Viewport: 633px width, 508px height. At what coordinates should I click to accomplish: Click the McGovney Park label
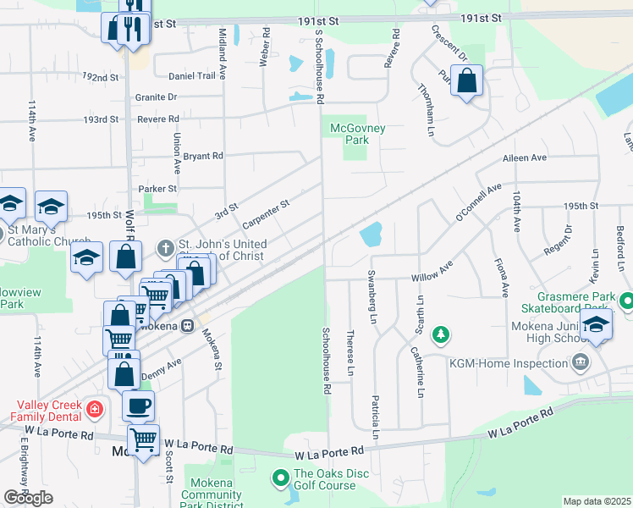[x=358, y=134]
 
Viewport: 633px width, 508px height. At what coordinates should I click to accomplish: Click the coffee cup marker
[x=139, y=406]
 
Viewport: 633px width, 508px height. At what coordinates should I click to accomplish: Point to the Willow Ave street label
[x=432, y=277]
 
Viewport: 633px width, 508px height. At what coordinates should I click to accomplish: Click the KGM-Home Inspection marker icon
[x=580, y=363]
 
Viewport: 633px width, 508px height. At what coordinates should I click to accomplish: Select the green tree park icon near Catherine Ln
[x=440, y=335]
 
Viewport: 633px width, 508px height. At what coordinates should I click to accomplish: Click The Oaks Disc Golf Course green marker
[x=281, y=479]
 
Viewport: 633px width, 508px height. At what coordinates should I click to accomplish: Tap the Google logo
[x=28, y=498]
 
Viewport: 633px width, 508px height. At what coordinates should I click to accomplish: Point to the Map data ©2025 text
[x=597, y=501]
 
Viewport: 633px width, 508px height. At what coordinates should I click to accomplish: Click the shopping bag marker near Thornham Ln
[x=466, y=81]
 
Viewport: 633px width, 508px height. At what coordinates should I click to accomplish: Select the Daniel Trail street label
[x=192, y=76]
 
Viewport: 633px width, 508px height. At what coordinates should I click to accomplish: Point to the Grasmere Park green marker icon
[x=625, y=300]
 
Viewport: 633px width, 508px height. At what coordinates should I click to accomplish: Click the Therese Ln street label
[x=350, y=353]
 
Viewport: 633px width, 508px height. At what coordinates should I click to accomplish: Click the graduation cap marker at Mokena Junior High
[x=596, y=325]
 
